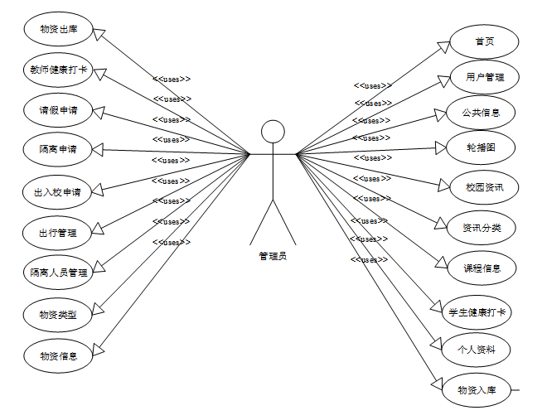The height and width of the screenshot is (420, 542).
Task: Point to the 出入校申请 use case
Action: tap(58, 192)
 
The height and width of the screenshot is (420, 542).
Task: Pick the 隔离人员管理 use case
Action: tap(58, 272)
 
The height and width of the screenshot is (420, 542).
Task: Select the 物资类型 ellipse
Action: tap(58, 315)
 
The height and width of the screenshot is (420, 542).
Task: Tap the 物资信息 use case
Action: tap(58, 355)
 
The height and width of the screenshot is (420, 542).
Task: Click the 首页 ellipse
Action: tap(485, 42)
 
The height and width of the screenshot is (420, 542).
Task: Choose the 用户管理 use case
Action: tap(485, 77)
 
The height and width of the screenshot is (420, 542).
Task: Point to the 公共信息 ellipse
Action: tap(485, 113)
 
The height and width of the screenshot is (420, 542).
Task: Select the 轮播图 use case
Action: tap(482, 147)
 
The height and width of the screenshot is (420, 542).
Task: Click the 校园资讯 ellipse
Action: tap(485, 187)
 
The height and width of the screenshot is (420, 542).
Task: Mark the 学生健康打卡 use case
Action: tap(478, 312)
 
